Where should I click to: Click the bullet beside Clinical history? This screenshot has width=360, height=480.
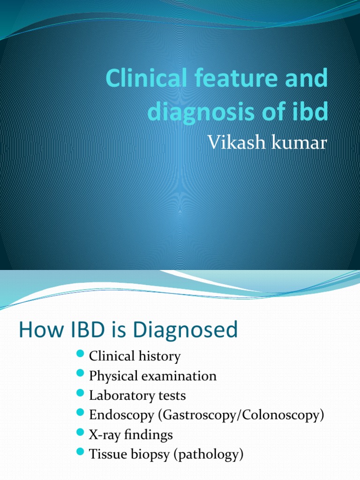tap(79, 355)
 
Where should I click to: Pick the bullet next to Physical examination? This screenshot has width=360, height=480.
tap(79, 375)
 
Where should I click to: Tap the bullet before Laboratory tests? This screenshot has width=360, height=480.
tap(79, 394)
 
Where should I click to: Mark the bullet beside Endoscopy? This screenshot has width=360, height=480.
tap(79, 414)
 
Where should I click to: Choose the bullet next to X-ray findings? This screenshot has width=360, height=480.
tap(79, 434)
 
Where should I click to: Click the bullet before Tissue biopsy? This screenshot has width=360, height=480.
tap(79, 453)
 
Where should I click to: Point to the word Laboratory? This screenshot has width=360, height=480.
tap(119, 395)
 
